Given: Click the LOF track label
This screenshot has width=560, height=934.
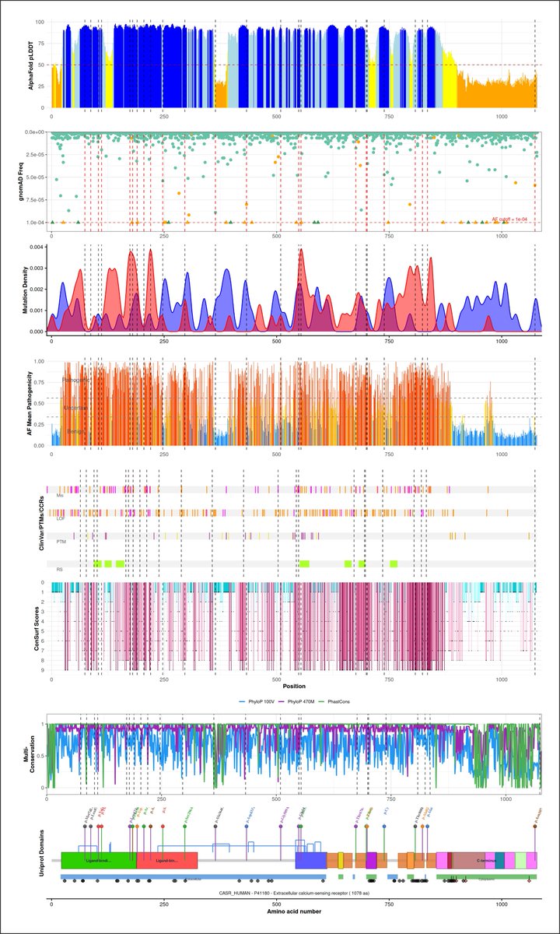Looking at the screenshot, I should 61,518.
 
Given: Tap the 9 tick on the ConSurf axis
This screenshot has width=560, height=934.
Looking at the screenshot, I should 42,670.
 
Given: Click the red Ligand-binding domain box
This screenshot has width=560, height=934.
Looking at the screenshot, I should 166,860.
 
